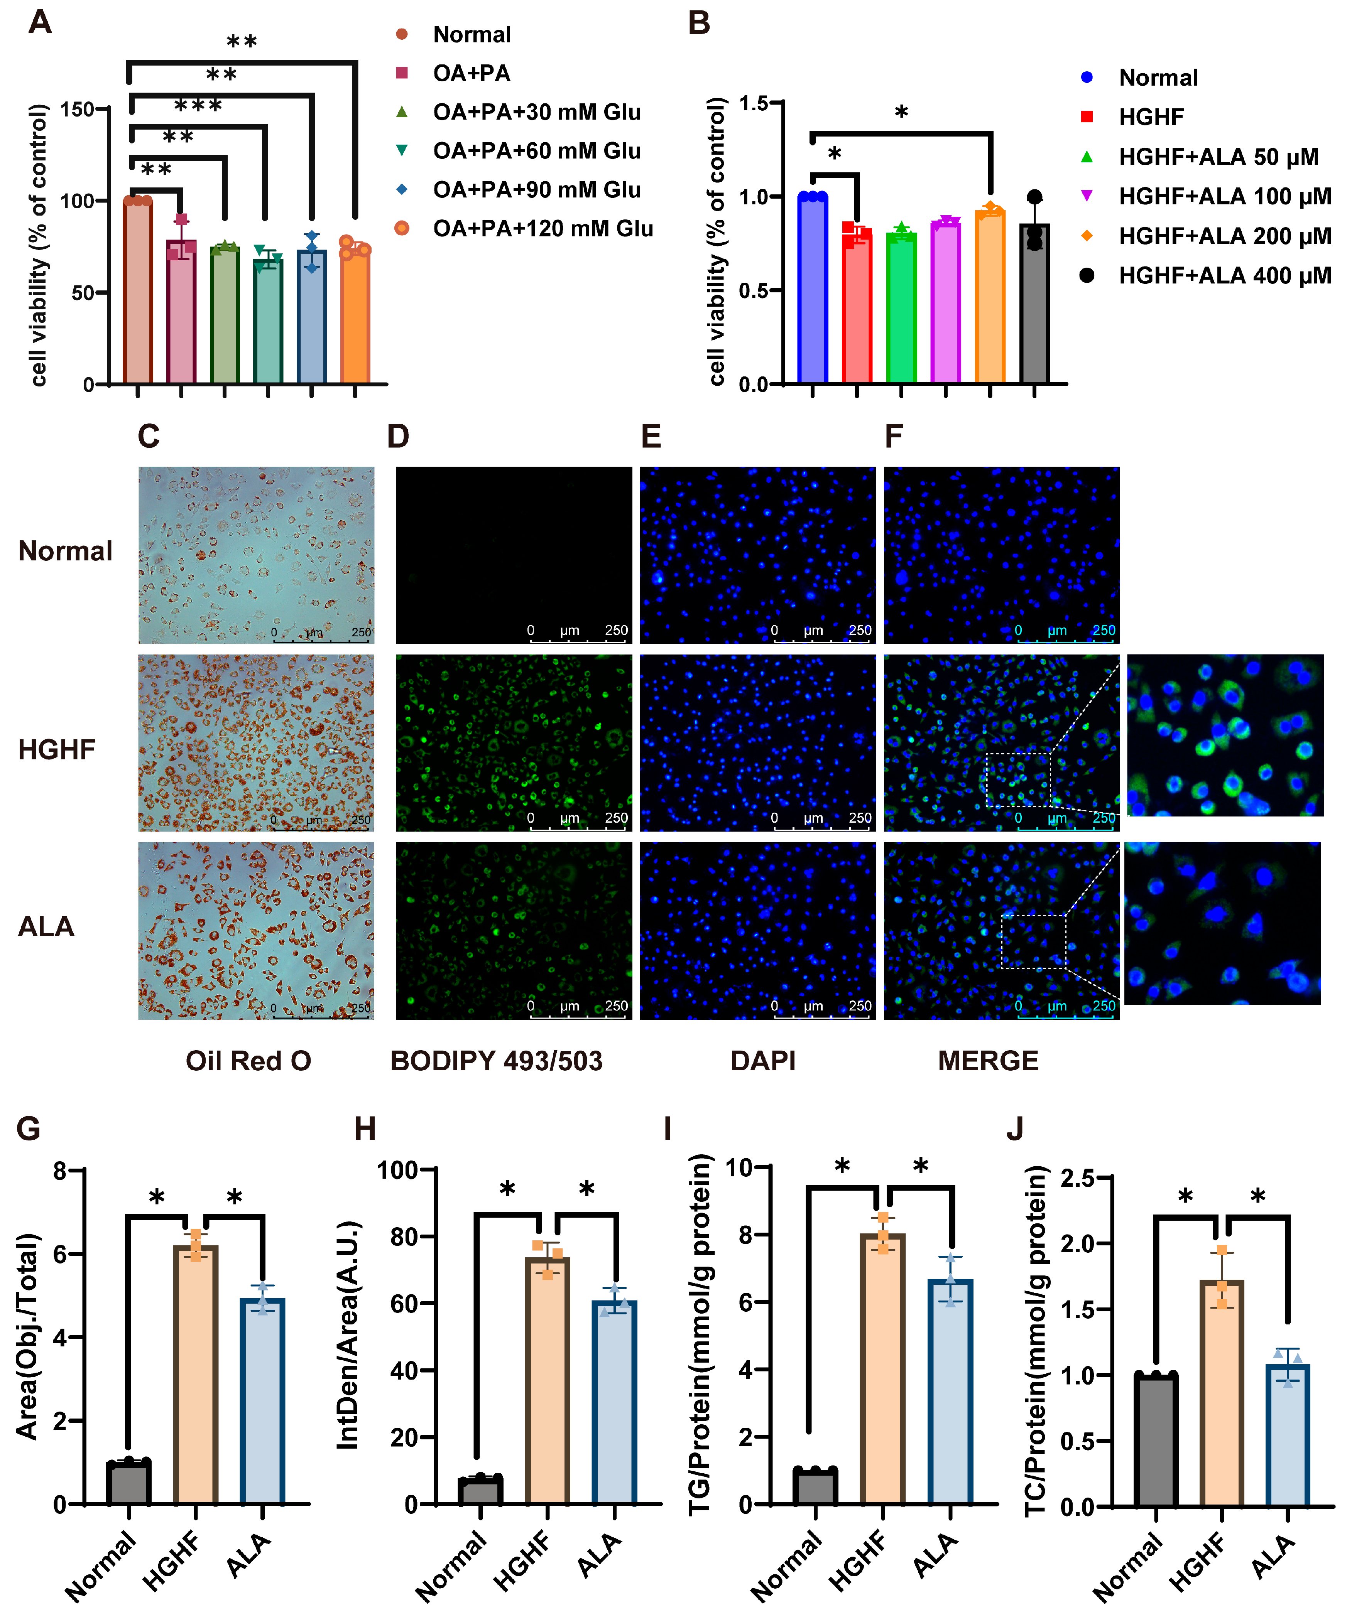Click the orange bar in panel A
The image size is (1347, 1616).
tap(355, 315)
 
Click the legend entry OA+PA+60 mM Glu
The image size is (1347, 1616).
tap(536, 151)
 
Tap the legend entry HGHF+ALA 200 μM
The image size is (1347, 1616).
tap(1224, 236)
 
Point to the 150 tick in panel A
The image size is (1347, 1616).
tap(77, 109)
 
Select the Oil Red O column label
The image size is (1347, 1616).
tap(248, 1061)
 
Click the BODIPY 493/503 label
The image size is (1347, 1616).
tap(497, 1061)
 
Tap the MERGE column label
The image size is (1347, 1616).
tap(987, 1061)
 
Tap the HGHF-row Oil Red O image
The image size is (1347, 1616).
tap(255, 742)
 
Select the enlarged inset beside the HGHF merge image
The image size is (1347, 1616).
tap(1225, 735)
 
